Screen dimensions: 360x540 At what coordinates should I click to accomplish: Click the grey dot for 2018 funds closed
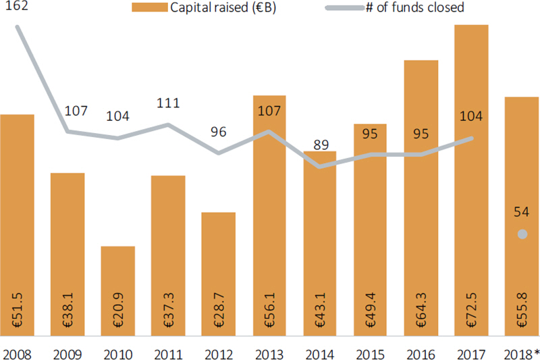click(522, 234)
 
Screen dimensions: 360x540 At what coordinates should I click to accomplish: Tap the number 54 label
click(521, 212)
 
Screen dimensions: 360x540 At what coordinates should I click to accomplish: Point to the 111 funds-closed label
click(167, 103)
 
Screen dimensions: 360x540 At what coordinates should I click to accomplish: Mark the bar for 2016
click(421, 203)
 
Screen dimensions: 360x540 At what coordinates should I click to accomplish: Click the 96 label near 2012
click(218, 132)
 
